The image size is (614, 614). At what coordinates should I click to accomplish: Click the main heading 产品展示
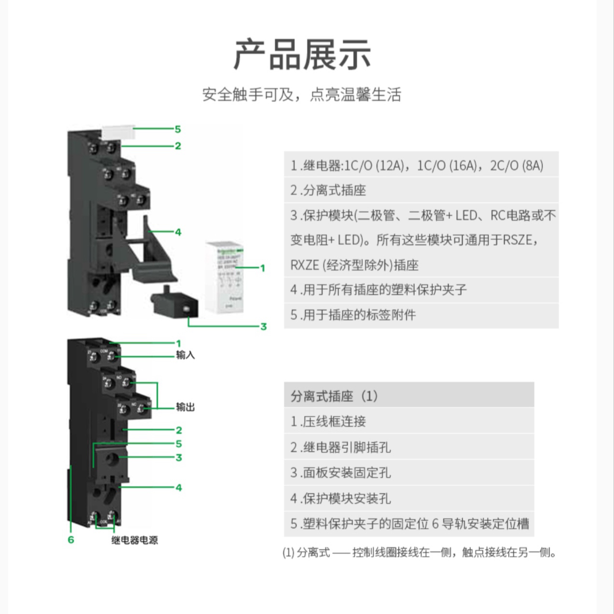[x=302, y=54]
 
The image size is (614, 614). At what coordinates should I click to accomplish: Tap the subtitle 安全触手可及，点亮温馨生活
[x=301, y=95]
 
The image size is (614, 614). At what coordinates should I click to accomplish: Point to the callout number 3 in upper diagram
[x=263, y=327]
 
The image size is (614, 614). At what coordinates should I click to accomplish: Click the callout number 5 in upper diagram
[x=178, y=129]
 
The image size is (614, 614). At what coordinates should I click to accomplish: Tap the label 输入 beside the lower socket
[x=186, y=355]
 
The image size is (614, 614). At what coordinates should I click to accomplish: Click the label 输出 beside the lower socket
[x=186, y=407]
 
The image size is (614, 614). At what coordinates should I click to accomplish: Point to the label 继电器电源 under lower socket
[x=134, y=540]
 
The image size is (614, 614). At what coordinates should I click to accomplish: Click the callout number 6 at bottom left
[x=71, y=540]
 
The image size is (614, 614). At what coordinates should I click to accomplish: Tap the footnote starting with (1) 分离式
[x=419, y=552]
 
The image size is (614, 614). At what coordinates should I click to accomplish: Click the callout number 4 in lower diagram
[x=179, y=487]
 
